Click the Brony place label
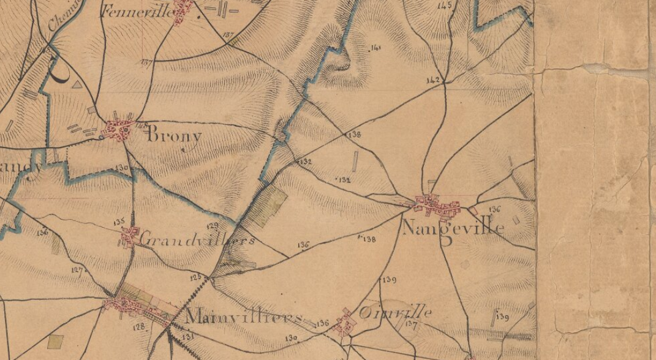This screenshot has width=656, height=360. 174,135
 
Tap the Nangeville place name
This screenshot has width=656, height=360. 453,229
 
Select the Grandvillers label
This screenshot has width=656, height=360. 197,239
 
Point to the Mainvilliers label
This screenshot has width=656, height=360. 243,318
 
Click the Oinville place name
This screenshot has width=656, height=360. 395,313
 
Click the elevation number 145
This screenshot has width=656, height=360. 445,6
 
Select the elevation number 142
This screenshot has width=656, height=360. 432,80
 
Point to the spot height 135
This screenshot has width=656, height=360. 119,221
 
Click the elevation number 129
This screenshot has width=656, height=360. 213,226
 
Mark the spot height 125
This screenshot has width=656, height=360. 195,277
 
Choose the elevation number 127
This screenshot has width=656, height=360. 77,269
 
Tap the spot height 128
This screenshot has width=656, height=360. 140,326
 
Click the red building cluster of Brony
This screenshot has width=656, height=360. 119,130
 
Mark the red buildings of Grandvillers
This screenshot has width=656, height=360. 129,236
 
